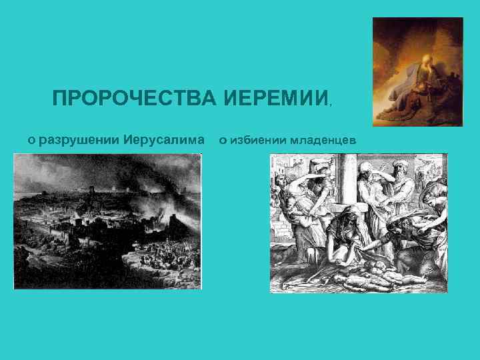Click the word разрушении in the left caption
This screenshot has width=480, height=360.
(79, 140)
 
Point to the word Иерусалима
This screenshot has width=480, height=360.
(164, 140)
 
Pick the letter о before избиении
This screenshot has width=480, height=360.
(223, 141)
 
